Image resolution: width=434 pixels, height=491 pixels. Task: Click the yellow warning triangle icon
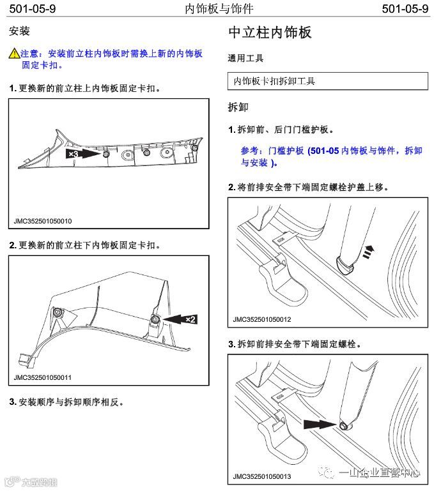(x=14, y=54)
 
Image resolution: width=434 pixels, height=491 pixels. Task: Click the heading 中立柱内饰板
(x=270, y=33)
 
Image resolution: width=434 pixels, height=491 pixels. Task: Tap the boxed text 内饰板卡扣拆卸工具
(x=275, y=81)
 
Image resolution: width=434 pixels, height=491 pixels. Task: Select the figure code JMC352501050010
(x=43, y=222)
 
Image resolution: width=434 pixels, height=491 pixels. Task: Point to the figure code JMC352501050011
(x=43, y=377)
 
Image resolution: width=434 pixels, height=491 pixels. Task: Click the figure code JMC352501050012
(x=262, y=319)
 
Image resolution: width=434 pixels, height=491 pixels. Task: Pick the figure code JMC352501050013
(x=262, y=476)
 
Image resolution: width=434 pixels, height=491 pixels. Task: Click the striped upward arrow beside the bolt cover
(x=368, y=253)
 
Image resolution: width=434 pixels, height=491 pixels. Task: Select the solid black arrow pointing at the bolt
(x=320, y=423)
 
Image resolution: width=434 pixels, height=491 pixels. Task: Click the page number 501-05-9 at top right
(x=404, y=9)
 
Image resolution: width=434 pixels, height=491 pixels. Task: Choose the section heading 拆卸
(x=238, y=107)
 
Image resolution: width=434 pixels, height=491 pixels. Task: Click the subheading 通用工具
(x=245, y=58)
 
